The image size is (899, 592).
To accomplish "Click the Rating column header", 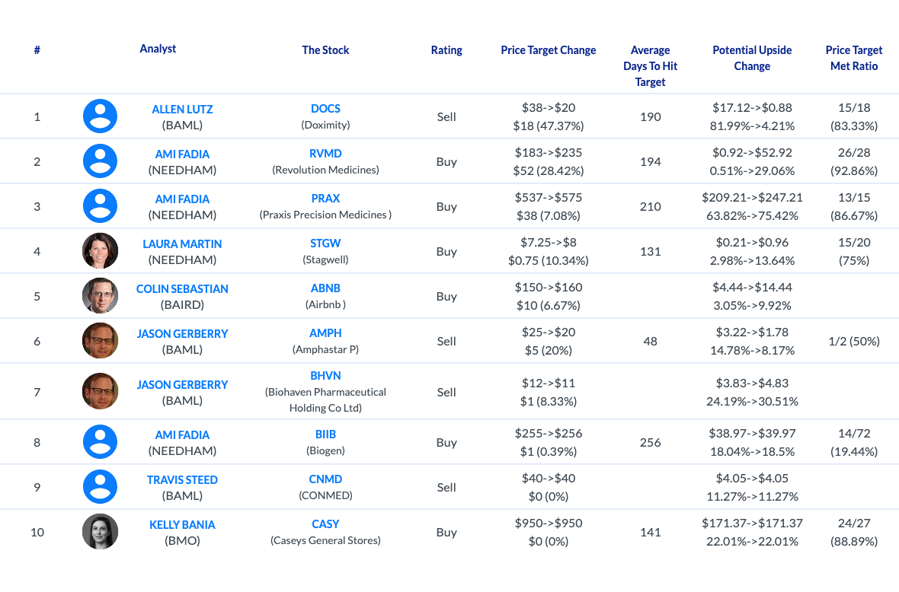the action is point(446,50).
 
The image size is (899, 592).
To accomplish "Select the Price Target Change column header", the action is point(548,50).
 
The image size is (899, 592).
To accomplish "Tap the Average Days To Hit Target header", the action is point(650,66).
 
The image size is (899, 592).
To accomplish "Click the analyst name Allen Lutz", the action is point(182,109).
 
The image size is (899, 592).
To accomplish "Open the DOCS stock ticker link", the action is point(325,108).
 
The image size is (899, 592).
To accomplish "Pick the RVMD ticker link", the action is point(325,154).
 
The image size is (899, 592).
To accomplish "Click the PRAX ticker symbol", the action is point(325,198).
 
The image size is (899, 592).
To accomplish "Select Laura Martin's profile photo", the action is point(101,251).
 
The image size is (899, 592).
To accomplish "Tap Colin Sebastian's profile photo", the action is point(101,295).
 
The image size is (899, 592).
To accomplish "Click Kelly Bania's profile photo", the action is point(101,531).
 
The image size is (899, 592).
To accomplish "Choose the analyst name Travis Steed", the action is point(182,480).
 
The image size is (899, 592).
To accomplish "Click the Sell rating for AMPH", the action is point(446,341).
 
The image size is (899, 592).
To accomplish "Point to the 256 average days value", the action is point(650,442).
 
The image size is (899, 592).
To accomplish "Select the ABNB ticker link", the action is point(325,288).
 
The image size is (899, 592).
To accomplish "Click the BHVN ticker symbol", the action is point(325,376).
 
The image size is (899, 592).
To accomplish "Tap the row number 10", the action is point(37,532).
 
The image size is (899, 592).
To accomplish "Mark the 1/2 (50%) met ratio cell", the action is point(854,341).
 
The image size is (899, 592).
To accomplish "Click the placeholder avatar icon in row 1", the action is point(101,116).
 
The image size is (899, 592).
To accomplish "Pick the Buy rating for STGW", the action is point(446,251).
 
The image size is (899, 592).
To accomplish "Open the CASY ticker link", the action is point(325,524).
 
